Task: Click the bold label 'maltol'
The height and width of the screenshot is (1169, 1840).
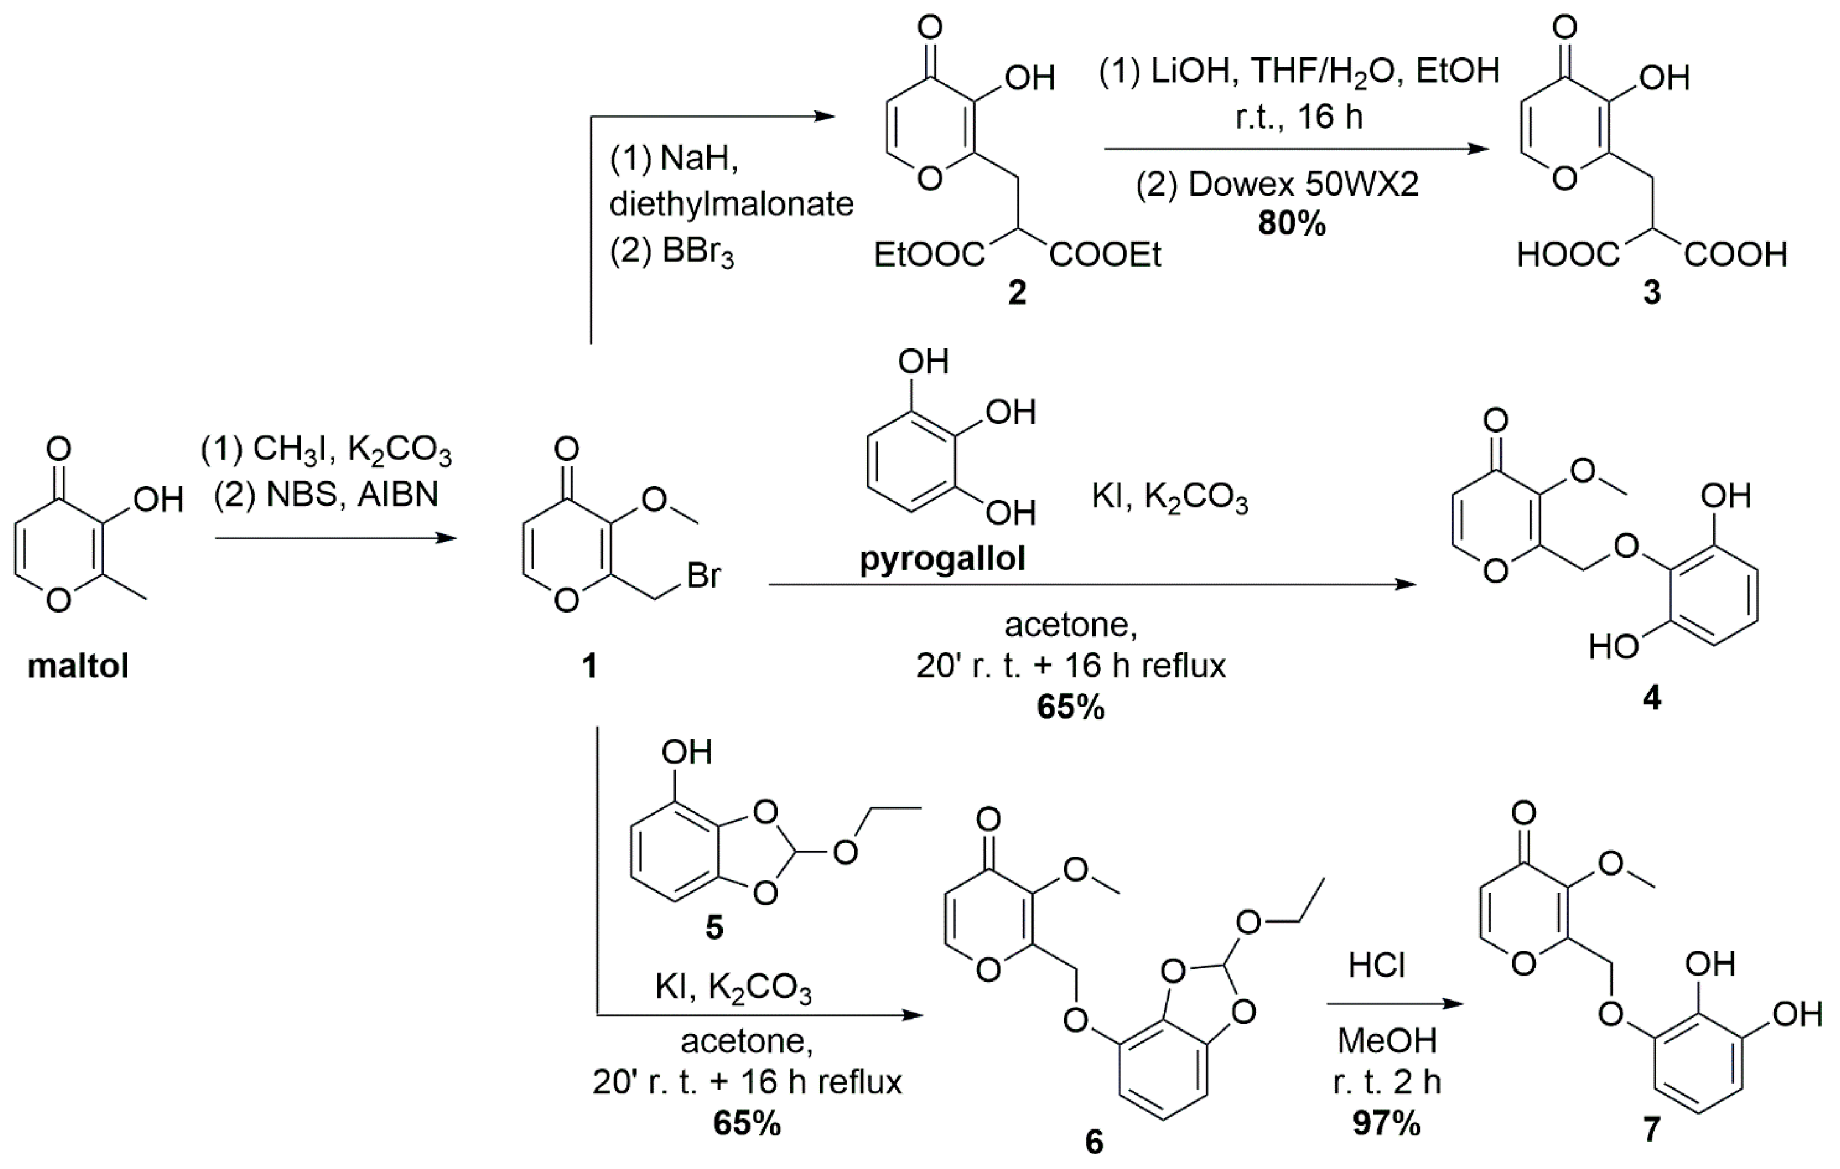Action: (78, 666)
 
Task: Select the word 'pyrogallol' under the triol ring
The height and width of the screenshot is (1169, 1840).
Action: (942, 559)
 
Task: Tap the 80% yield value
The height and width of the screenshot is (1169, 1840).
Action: (1291, 223)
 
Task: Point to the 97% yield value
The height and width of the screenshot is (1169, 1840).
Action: (1387, 1123)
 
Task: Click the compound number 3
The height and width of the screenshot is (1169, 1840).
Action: (1652, 292)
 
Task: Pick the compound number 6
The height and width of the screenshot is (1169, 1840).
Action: (1094, 1142)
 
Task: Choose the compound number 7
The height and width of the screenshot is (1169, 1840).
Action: (1652, 1129)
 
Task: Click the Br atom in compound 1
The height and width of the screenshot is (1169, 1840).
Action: (703, 576)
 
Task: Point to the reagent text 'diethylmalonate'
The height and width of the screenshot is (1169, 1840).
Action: (731, 204)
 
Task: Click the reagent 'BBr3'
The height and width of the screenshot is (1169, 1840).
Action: (698, 253)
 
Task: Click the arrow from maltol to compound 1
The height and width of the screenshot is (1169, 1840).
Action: (335, 538)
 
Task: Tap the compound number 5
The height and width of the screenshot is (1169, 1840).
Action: (714, 928)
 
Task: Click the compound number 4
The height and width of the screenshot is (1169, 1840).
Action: (1652, 697)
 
